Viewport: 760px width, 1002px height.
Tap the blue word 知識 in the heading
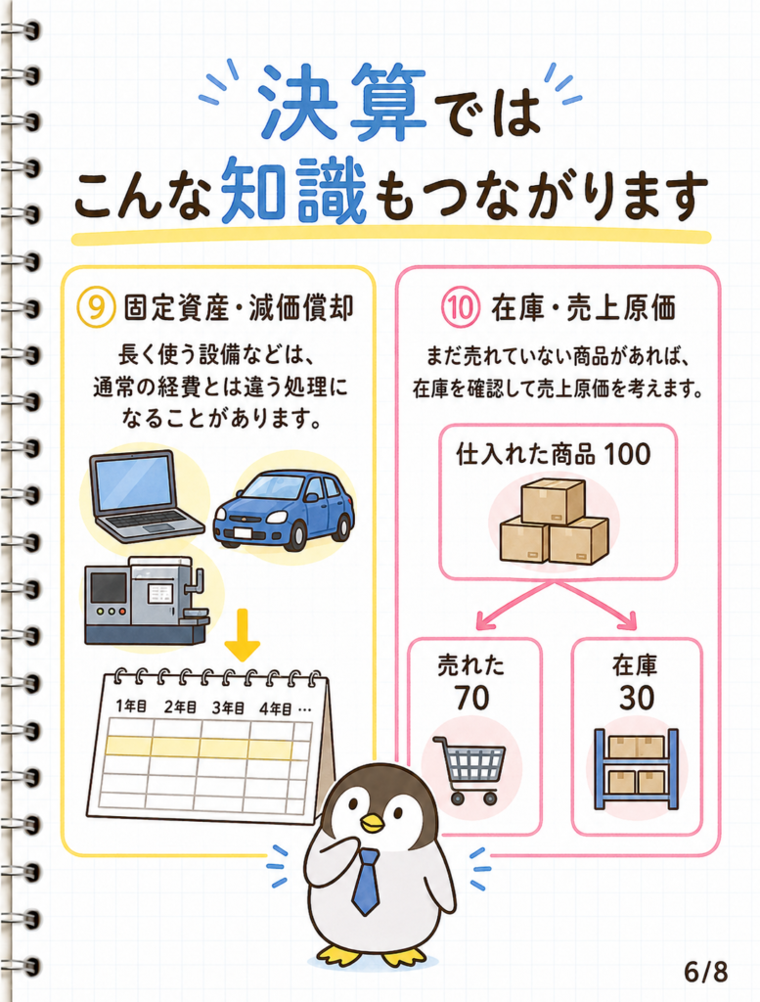pyautogui.click(x=295, y=191)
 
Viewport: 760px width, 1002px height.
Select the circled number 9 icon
pyautogui.click(x=95, y=306)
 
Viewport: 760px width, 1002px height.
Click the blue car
pyautogui.click(x=284, y=509)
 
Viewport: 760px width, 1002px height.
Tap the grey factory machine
pyautogui.click(x=147, y=600)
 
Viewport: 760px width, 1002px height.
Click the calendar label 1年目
pyautogui.click(x=132, y=706)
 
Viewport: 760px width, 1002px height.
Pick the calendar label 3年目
pyautogui.click(x=228, y=707)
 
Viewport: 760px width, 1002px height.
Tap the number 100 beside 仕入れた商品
pyautogui.click(x=627, y=454)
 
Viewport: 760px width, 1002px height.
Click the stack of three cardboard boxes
pyautogui.click(x=554, y=521)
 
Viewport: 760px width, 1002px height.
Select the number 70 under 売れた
pyautogui.click(x=472, y=698)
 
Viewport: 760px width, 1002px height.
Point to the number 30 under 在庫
pyautogui.click(x=636, y=698)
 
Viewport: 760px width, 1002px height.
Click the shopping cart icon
pyautogui.click(x=470, y=770)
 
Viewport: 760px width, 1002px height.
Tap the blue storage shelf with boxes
pyautogui.click(x=636, y=769)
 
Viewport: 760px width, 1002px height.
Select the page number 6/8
pyautogui.click(x=706, y=972)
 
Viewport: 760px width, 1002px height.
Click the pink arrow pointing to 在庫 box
pyautogui.click(x=596, y=603)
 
